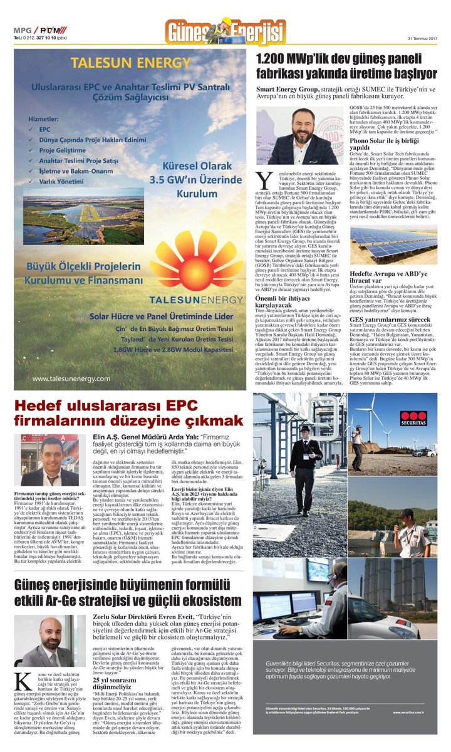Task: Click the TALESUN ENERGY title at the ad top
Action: pyautogui.click(x=130, y=63)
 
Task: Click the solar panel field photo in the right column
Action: pyautogui.click(x=393, y=244)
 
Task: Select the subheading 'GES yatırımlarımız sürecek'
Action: pyautogui.click(x=390, y=320)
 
